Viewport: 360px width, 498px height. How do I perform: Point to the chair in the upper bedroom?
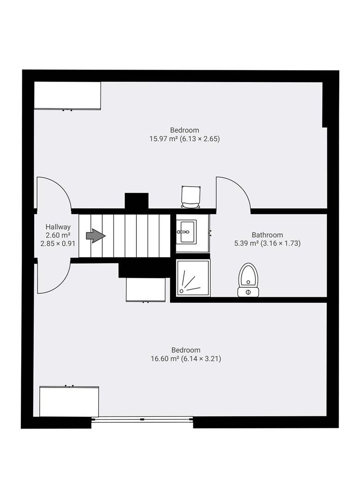pos(191,197)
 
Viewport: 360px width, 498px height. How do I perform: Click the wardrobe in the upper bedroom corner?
pos(67,95)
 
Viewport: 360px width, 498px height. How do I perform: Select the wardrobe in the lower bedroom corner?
pos(69,401)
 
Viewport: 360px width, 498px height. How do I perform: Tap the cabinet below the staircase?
pos(146,290)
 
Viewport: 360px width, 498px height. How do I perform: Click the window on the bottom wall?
pos(142,419)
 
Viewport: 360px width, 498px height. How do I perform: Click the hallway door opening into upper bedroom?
pos(54,193)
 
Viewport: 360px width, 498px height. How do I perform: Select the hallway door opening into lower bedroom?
pos(54,277)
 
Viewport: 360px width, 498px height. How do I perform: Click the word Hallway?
pos(58,227)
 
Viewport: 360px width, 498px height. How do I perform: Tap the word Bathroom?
pos(267,235)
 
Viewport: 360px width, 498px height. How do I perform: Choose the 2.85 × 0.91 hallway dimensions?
pos(58,243)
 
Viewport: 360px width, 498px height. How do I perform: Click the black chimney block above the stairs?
pos(136,201)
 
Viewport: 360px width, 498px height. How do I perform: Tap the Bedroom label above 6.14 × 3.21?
pos(186,350)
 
